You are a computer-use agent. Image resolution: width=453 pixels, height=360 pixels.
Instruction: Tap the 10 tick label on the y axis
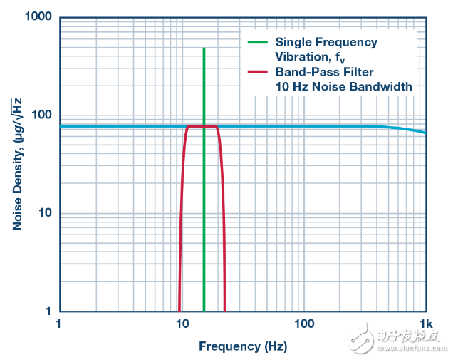click(x=46, y=213)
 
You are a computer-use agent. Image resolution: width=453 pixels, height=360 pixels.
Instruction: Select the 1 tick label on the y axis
click(x=48, y=312)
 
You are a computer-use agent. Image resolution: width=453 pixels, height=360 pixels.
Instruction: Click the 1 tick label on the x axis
click(x=58, y=324)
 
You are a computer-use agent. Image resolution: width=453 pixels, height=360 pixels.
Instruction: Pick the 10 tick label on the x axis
click(x=181, y=324)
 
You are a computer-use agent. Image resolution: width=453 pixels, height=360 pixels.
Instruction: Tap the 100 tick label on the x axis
click(x=303, y=324)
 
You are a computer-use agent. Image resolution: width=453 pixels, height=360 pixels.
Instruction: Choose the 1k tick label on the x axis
click(x=425, y=324)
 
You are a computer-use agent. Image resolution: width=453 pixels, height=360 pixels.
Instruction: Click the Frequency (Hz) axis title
click(x=242, y=346)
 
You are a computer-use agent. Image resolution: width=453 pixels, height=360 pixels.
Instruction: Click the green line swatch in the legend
click(x=257, y=43)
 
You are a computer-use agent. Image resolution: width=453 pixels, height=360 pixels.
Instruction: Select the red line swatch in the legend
click(x=257, y=72)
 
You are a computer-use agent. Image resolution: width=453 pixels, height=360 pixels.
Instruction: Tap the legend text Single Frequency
click(x=326, y=43)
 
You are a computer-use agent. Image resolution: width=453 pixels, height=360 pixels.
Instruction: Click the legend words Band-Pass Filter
click(x=324, y=72)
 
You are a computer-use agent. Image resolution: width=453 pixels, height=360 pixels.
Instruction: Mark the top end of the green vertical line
click(x=204, y=49)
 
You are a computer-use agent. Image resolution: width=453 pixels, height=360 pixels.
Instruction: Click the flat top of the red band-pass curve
click(x=202, y=126)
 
